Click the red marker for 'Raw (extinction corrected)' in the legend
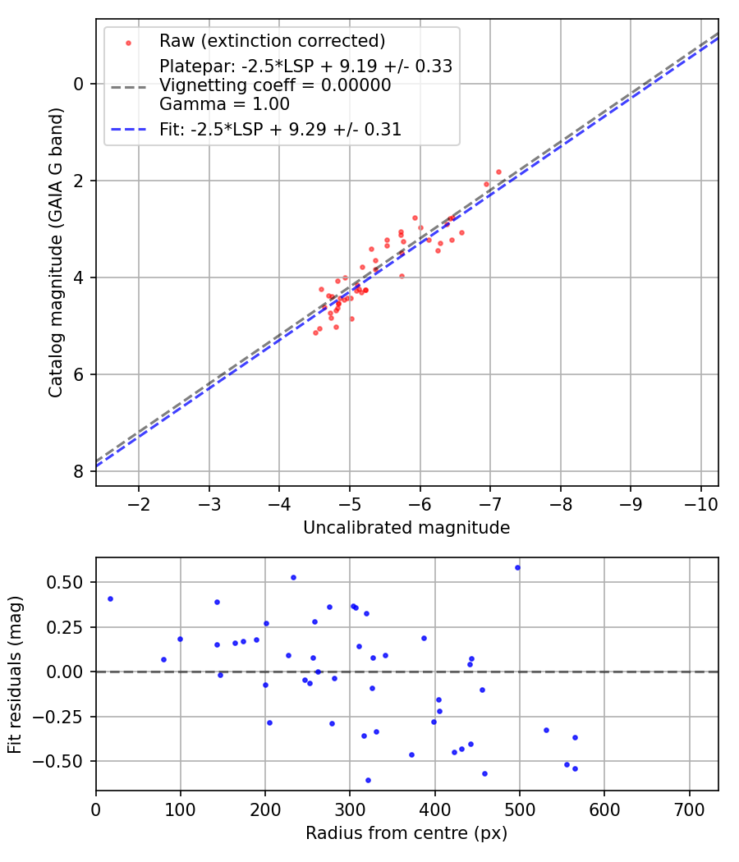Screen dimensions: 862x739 coord(128,43)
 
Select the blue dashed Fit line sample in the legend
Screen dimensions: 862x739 coord(128,129)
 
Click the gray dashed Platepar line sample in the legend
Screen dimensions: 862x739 coord(128,85)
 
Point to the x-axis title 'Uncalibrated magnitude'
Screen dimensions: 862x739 coord(406,528)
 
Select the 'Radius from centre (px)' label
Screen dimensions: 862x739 coord(406,833)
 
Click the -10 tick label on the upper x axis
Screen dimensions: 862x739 coord(700,502)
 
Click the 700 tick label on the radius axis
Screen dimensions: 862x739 coord(688,808)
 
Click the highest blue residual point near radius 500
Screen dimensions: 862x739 coord(517,567)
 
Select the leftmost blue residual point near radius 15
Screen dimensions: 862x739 coord(110,598)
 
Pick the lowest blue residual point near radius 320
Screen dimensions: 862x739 coord(368,780)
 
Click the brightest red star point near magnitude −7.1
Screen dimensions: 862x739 coord(498,172)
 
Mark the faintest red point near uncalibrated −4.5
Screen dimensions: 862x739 coord(315,332)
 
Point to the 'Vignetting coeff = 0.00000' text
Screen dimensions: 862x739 coord(275,85)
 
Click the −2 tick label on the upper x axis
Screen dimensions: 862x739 coord(139,502)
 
